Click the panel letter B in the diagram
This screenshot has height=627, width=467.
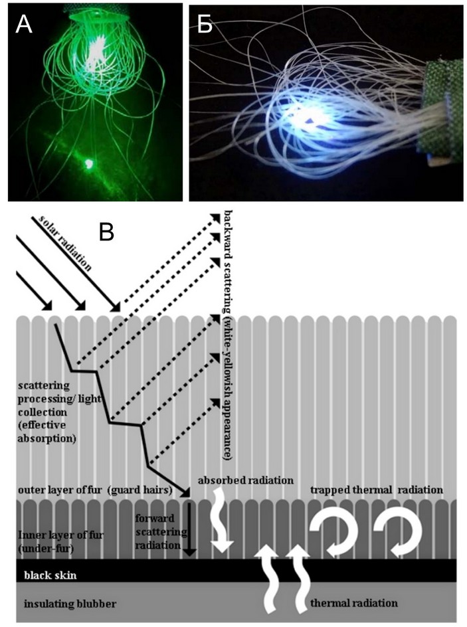pyautogui.click(x=107, y=232)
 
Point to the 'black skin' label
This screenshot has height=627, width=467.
pyautogui.click(x=50, y=575)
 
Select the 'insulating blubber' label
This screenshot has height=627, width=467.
pyautogui.click(x=70, y=603)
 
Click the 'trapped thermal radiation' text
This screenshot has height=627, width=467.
pyautogui.click(x=376, y=490)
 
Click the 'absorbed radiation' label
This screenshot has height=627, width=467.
pyautogui.click(x=246, y=480)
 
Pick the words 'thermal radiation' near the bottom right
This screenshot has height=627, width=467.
pyautogui.click(x=354, y=602)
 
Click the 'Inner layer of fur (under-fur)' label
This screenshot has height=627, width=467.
pyautogui.click(x=55, y=542)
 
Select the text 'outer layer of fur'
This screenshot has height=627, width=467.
pyautogui.click(x=60, y=490)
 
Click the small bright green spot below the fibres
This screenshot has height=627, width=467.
pyautogui.click(x=88, y=163)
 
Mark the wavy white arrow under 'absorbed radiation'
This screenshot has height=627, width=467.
pyautogui.click(x=221, y=522)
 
